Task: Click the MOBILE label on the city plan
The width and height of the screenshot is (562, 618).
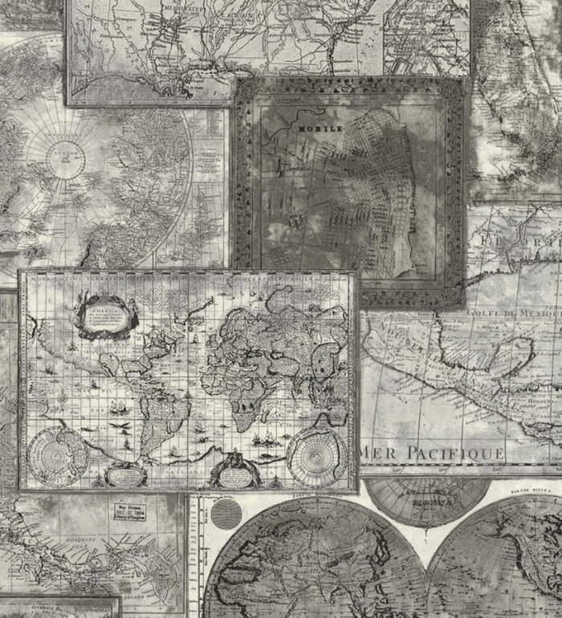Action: click(320, 128)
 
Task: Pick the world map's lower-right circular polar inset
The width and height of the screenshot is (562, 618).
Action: click(316, 455)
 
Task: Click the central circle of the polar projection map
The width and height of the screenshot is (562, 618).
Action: click(62, 153)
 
